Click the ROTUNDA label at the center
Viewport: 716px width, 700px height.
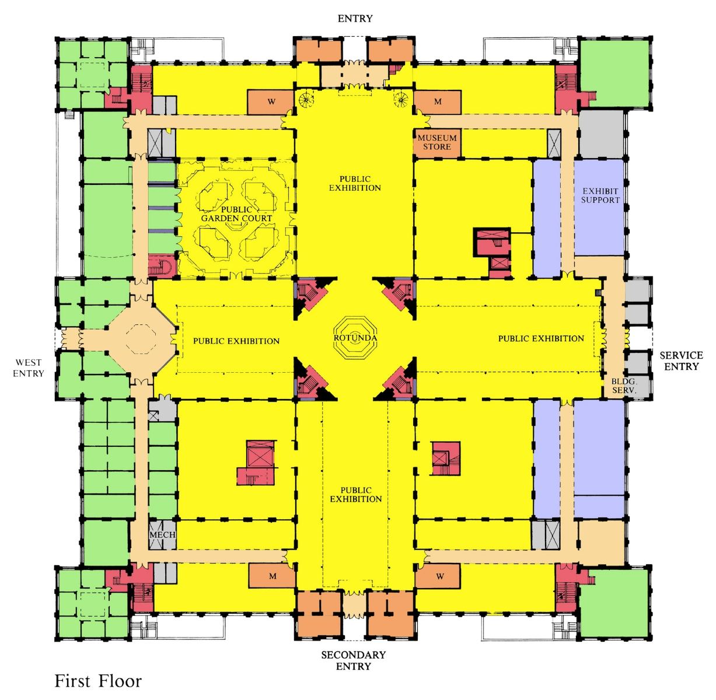[x=355, y=338]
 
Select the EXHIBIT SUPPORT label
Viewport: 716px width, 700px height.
[x=600, y=195]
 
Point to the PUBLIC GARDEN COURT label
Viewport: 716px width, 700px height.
[x=236, y=213]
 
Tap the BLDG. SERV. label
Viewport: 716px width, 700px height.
[x=624, y=386]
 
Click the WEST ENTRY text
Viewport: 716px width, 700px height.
[x=29, y=368]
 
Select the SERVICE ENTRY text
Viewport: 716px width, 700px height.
[x=682, y=361]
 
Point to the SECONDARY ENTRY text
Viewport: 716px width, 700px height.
[x=353, y=660]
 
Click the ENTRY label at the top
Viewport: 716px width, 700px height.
[x=355, y=19]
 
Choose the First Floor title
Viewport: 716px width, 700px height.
[x=98, y=681]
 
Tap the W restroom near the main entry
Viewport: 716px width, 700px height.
[x=271, y=101]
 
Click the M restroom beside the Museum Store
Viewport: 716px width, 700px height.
[x=438, y=101]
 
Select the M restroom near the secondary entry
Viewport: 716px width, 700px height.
[x=273, y=576]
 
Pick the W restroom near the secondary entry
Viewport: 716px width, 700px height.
[x=439, y=576]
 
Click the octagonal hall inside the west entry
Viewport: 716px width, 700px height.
[x=141, y=339]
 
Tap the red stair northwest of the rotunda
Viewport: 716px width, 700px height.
[x=312, y=293]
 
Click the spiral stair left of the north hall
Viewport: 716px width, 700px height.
[x=306, y=99]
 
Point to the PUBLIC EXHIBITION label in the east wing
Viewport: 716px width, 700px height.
[x=541, y=338]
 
